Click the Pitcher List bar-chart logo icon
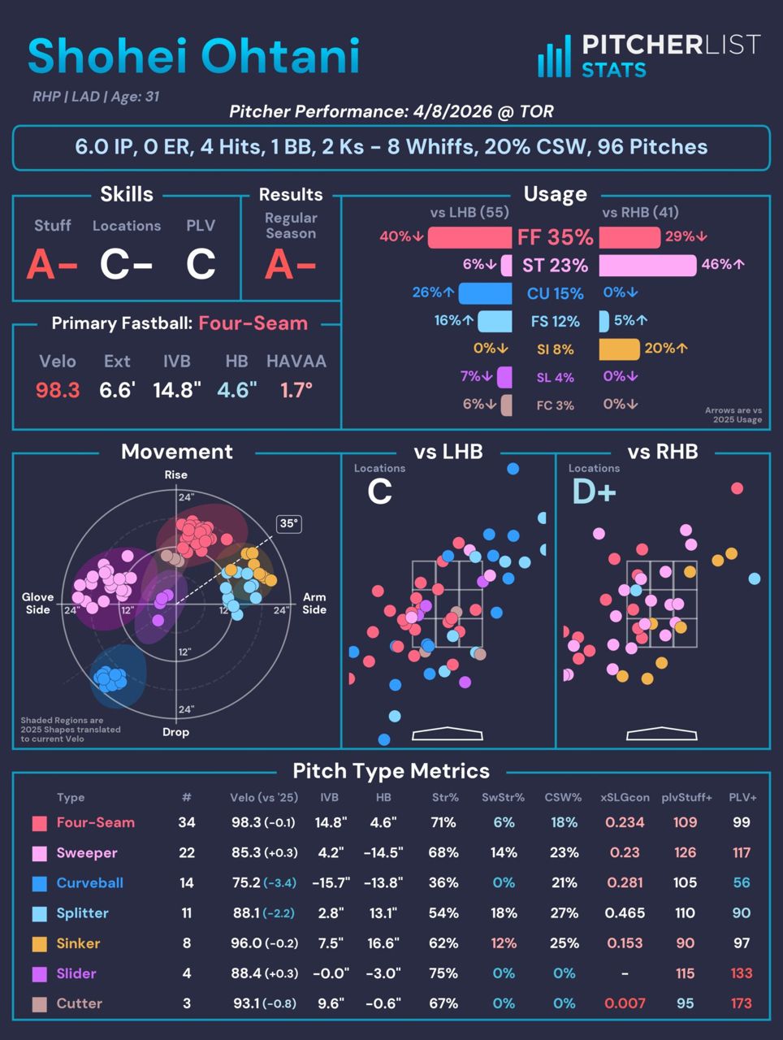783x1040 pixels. (554, 57)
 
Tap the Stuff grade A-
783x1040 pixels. (52, 264)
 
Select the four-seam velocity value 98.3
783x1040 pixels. (58, 390)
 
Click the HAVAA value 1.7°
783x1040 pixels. (296, 390)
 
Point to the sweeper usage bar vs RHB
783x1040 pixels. (647, 265)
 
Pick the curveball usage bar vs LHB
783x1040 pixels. (485, 292)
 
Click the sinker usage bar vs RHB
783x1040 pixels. (619, 349)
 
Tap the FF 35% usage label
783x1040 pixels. (556, 237)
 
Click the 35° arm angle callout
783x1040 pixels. (288, 524)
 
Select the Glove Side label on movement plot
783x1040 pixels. (37, 603)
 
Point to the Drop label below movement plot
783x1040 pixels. (175, 732)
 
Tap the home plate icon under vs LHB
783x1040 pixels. (448, 734)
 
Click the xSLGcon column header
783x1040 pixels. (625, 798)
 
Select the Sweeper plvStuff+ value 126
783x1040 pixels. (685, 852)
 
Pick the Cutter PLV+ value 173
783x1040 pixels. (741, 1003)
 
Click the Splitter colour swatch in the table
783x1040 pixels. (39, 913)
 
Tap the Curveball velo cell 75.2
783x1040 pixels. (246, 882)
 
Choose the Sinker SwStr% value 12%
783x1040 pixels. (504, 943)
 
